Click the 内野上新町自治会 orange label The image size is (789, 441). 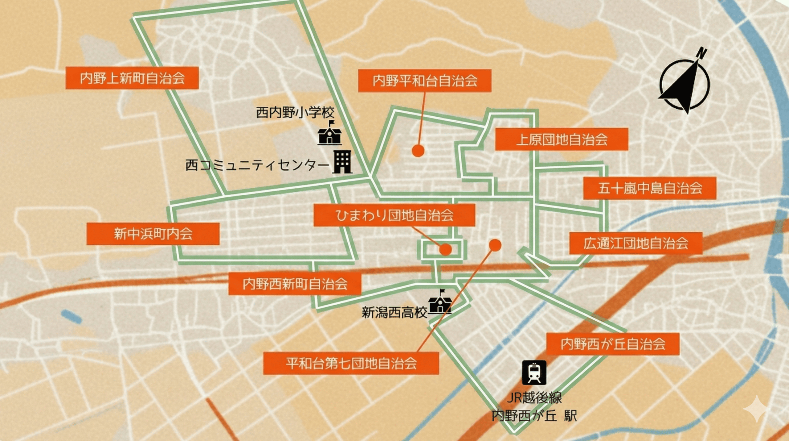(x=132, y=78)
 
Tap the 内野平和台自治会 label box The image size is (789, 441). (x=424, y=81)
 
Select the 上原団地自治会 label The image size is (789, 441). (x=562, y=139)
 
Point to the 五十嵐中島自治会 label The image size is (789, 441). (x=650, y=188)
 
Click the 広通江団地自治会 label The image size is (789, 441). (x=636, y=243)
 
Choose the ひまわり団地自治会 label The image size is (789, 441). (x=394, y=215)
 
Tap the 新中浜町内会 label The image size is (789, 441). (x=153, y=234)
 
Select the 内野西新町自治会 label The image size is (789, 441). (x=295, y=284)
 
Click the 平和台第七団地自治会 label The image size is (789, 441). (x=351, y=363)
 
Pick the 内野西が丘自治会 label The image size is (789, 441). (x=613, y=344)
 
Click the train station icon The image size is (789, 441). (x=534, y=372)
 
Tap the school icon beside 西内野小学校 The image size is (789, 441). (x=329, y=134)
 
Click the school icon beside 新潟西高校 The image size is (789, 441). (x=440, y=302)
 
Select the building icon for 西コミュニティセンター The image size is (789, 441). (x=342, y=162)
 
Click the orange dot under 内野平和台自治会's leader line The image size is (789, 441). (x=418, y=151)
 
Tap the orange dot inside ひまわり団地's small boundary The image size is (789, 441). (x=446, y=249)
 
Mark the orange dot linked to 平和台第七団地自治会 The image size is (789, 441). (x=495, y=245)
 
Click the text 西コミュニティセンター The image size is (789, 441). (x=257, y=166)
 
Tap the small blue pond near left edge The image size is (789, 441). (x=72, y=317)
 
